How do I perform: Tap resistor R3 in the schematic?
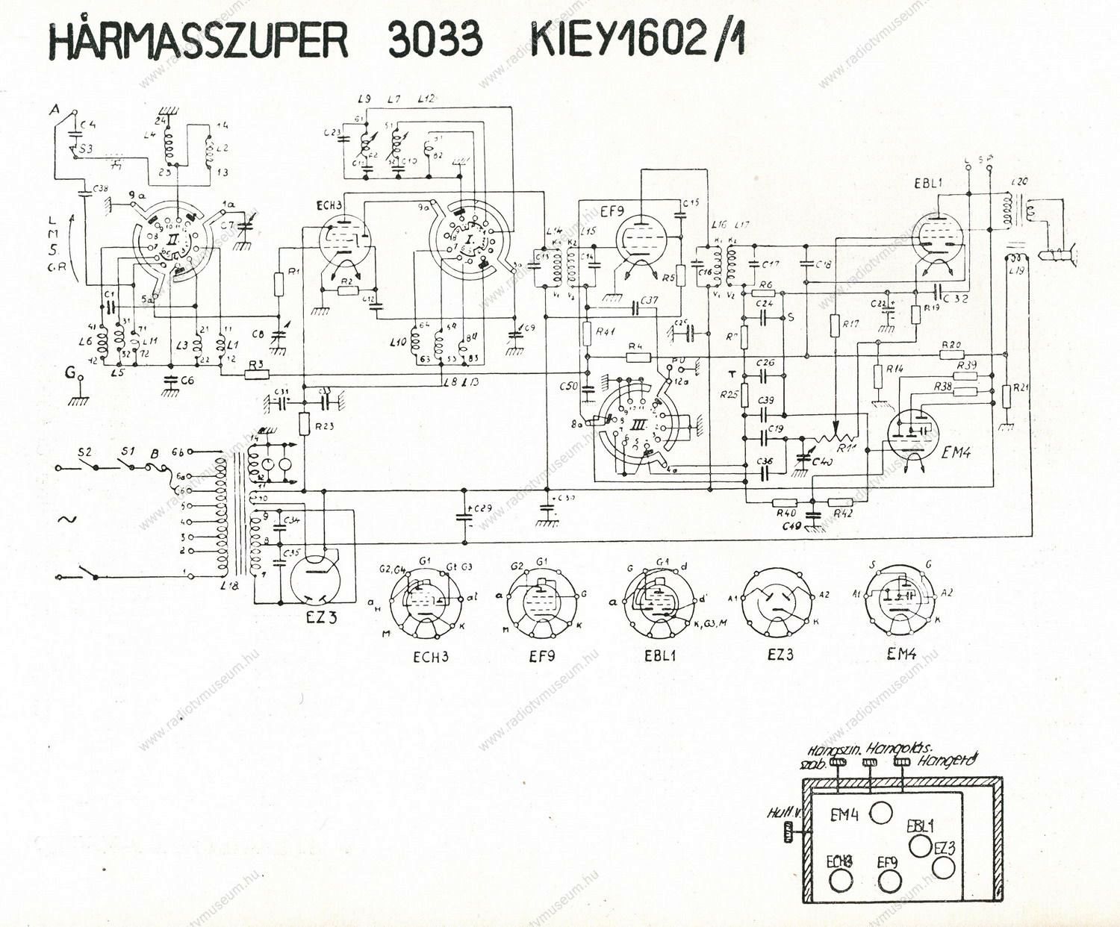click(256, 373)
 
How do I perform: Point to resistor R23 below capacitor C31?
click(305, 425)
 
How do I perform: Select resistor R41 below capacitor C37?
click(588, 331)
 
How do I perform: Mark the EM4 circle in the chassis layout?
click(881, 813)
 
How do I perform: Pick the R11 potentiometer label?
click(847, 448)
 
